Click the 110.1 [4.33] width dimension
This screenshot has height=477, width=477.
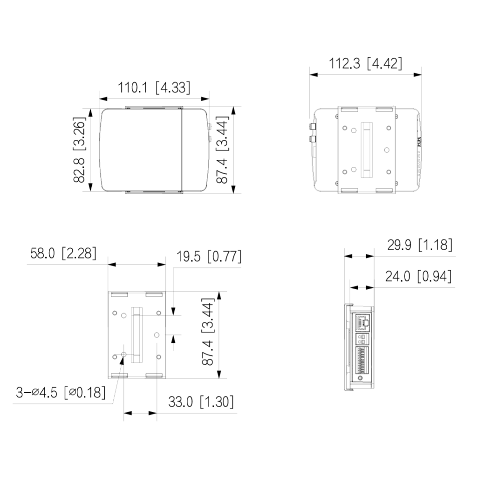(x=154, y=88)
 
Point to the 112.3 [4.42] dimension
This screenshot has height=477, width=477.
(x=365, y=63)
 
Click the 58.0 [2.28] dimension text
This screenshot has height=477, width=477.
(x=63, y=253)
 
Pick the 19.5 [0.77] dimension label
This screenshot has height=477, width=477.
(x=208, y=256)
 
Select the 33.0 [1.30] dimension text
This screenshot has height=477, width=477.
(x=201, y=402)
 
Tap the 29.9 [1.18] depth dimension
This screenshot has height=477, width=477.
(x=419, y=245)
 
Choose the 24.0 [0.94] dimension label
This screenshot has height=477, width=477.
(x=418, y=277)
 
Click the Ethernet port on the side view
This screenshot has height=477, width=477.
(x=363, y=321)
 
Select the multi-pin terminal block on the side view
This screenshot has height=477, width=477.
(x=362, y=360)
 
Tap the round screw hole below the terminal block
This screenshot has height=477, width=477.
(x=361, y=379)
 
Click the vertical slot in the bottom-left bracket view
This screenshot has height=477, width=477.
(x=136, y=334)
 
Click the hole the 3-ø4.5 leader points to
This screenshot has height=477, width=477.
(x=123, y=355)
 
